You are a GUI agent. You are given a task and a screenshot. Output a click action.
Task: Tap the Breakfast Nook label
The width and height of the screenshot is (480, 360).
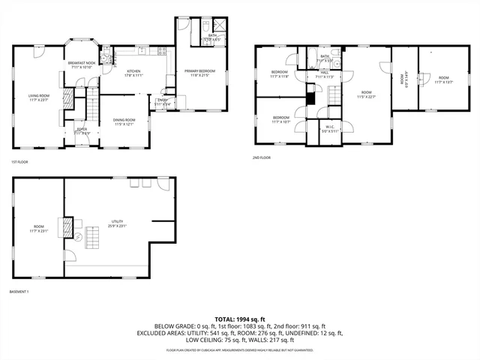click(80, 64)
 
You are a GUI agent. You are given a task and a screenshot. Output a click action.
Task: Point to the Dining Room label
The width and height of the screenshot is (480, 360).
click(124, 121)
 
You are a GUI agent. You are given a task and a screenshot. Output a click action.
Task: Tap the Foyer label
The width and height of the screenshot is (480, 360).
click(81, 131)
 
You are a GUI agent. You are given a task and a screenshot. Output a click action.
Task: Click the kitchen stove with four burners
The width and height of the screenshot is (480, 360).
click(160, 52)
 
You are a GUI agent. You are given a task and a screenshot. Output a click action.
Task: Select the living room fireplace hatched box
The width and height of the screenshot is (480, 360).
click(67, 97)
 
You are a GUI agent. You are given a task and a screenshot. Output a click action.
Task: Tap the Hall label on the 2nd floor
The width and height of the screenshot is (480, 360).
click(324, 75)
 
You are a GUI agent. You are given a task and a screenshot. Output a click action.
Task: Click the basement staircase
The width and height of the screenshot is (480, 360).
click(92, 239)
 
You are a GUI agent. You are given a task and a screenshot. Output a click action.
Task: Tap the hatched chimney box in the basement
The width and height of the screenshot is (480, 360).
click(67, 225)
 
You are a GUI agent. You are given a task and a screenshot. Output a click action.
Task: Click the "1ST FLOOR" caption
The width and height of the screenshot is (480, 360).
click(19, 163)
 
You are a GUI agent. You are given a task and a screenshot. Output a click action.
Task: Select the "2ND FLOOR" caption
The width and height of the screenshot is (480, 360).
click(262, 157)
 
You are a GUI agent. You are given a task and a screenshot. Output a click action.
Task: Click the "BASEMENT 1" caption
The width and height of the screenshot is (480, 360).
click(19, 291)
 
